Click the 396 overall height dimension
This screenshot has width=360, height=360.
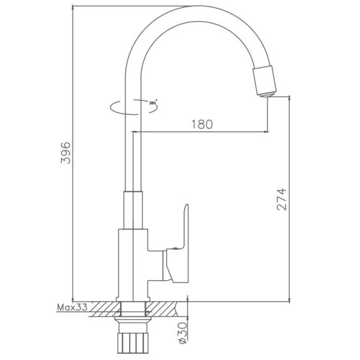67,153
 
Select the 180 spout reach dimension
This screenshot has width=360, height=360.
202,125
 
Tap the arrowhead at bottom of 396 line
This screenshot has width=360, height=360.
73,298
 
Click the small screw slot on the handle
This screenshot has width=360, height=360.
174,247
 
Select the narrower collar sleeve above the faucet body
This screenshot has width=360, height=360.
133,210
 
